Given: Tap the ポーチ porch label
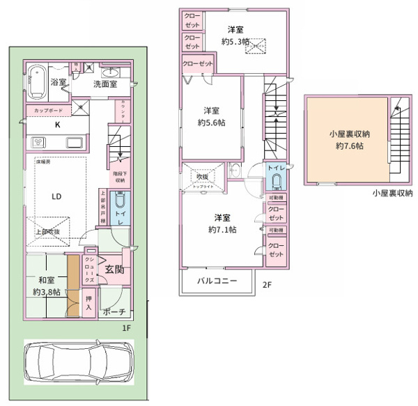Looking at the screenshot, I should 112,311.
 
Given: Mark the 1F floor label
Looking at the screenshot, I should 126,327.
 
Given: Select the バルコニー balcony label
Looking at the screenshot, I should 217,281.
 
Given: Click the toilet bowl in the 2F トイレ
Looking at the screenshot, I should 277,183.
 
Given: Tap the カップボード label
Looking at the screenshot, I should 46,111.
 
